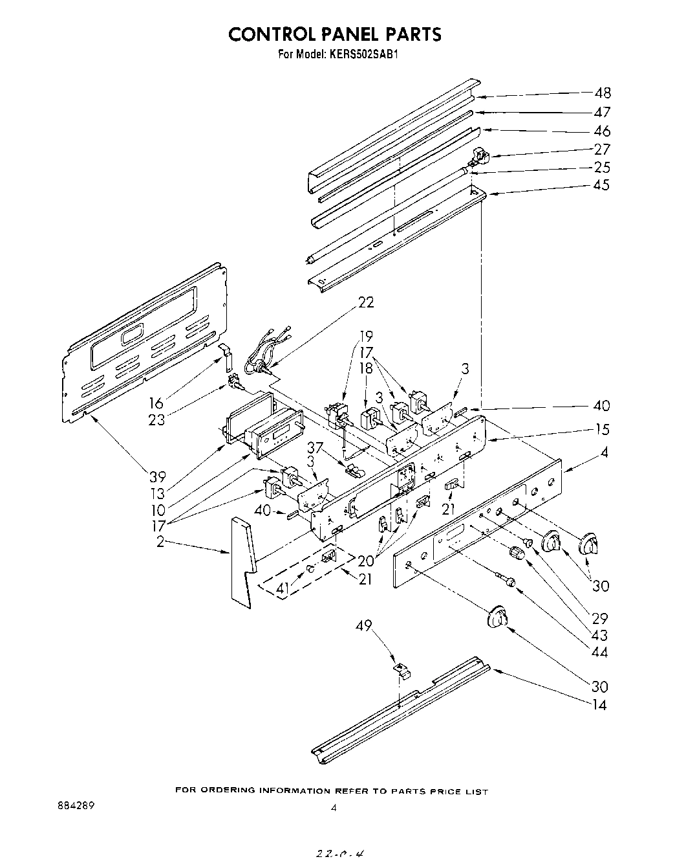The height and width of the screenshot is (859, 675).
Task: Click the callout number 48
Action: click(601, 93)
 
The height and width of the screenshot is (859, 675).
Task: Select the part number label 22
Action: click(365, 302)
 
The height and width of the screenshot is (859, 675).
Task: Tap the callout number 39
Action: click(157, 477)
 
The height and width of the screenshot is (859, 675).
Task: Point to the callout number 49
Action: click(364, 625)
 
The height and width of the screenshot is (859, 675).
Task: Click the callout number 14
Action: click(599, 705)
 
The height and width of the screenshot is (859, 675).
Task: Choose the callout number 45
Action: click(601, 186)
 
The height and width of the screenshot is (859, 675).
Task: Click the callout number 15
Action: click(601, 430)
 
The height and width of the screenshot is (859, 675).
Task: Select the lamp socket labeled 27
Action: click(480, 155)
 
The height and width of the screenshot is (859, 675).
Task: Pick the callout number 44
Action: click(599, 653)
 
